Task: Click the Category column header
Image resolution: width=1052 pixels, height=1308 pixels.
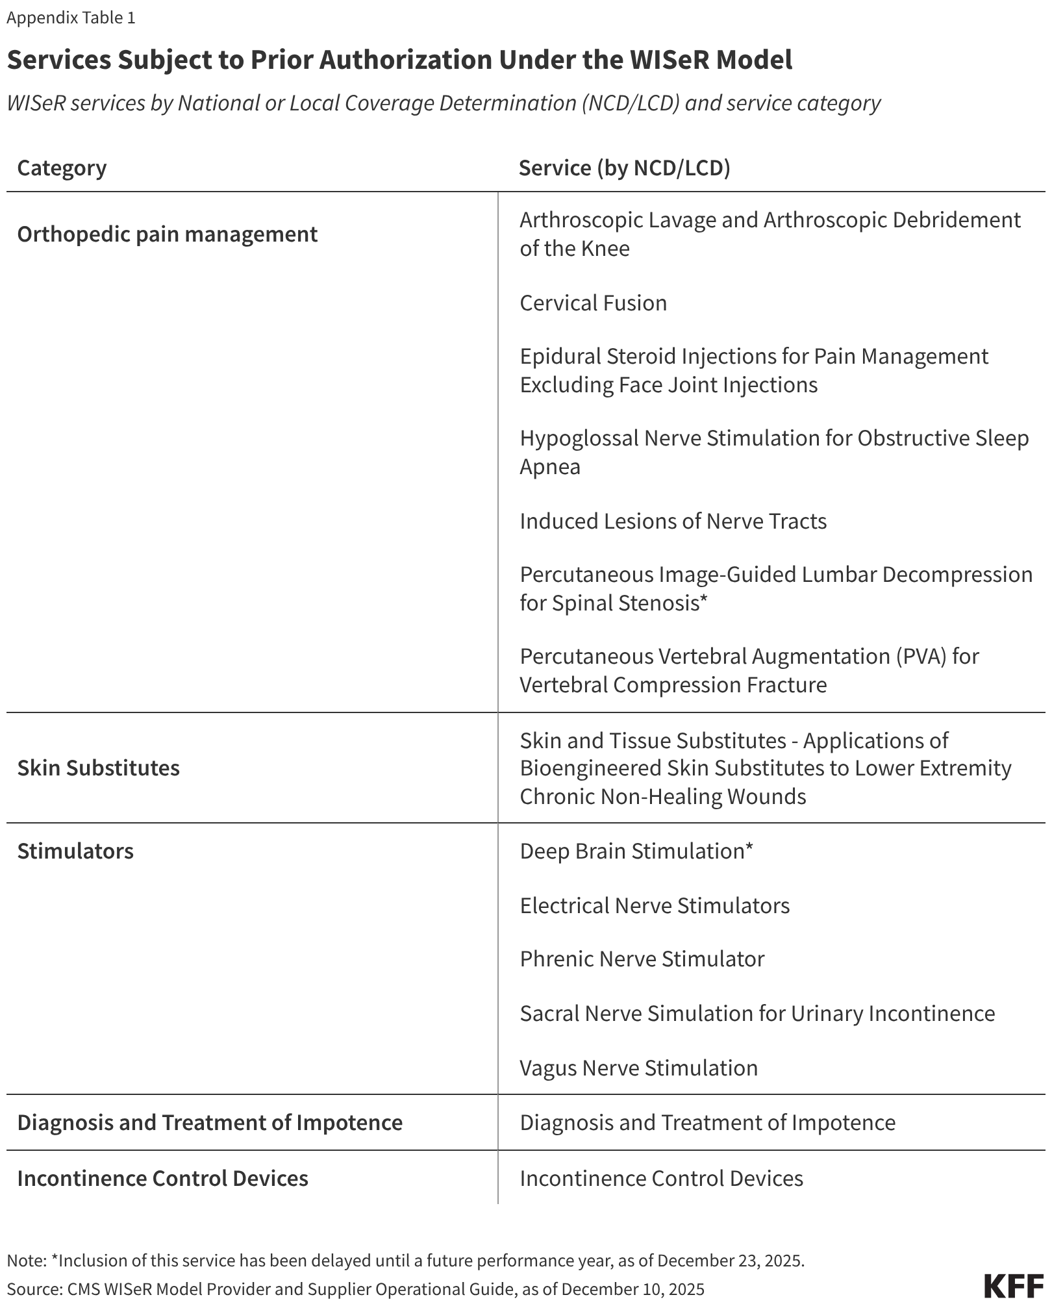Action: click(62, 168)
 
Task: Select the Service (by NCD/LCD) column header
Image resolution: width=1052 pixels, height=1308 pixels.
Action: click(624, 168)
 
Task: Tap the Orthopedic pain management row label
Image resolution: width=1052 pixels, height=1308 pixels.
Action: click(167, 234)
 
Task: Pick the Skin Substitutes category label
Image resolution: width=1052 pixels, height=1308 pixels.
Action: click(98, 768)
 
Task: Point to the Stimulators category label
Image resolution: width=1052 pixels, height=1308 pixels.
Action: click(75, 851)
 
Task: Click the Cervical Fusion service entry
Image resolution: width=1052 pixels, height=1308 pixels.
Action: click(593, 303)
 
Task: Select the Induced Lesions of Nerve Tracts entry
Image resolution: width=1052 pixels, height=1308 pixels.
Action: click(673, 521)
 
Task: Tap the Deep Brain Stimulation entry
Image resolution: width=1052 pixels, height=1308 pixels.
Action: click(636, 851)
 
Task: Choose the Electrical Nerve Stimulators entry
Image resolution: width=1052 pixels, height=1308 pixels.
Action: click(655, 905)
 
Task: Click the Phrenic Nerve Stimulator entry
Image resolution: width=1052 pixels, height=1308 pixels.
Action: click(642, 959)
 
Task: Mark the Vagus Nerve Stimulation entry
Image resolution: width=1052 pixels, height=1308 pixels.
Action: click(638, 1068)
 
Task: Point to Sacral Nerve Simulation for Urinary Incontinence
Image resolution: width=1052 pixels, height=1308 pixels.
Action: click(757, 1013)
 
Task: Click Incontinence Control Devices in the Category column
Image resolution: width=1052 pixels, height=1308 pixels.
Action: click(162, 1178)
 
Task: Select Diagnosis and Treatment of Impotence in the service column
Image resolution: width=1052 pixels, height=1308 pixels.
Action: click(707, 1122)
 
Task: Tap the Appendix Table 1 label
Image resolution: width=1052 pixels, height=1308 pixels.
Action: click(71, 18)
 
